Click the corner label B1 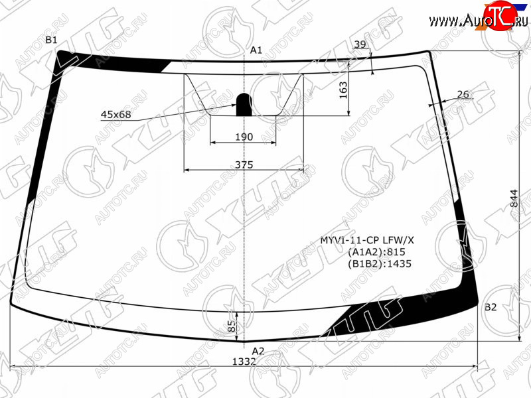52,40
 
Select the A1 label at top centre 256,50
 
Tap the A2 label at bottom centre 258,351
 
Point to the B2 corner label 491,307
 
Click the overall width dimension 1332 244,362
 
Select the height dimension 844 514,198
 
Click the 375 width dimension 244,165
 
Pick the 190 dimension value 244,137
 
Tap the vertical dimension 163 343,90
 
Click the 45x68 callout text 115,114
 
